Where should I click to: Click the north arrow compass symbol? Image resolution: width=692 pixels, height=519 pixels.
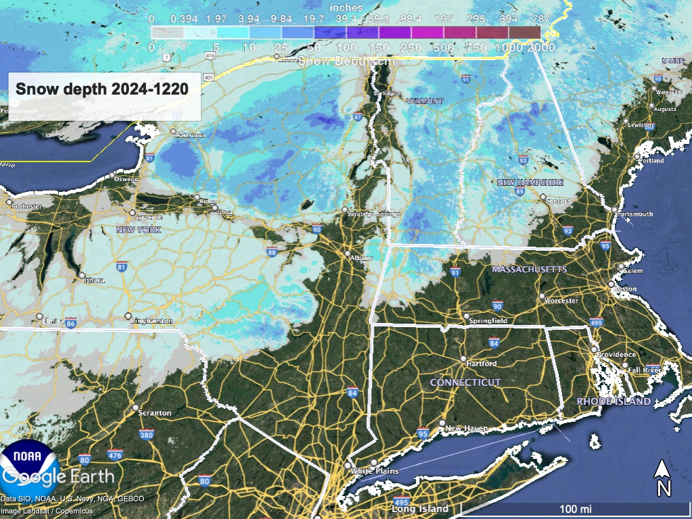coord(664,477)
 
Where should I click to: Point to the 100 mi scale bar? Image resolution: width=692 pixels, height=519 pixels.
coord(575,508)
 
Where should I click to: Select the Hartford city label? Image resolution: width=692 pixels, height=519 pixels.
coord(482,364)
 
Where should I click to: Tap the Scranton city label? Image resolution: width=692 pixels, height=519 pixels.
coord(155,412)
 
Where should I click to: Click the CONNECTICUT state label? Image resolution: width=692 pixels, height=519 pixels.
coord(466,382)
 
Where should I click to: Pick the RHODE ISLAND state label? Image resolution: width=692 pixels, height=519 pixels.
coord(614,401)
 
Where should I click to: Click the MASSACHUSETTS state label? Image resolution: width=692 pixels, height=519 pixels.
coord(529,269)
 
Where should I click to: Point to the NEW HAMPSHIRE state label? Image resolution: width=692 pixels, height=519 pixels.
coord(530,182)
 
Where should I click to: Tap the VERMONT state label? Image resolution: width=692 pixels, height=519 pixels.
coord(424,101)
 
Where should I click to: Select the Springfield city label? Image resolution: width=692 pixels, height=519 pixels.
coord(490,320)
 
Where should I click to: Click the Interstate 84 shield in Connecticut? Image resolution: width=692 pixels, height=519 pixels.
coord(493,343)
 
